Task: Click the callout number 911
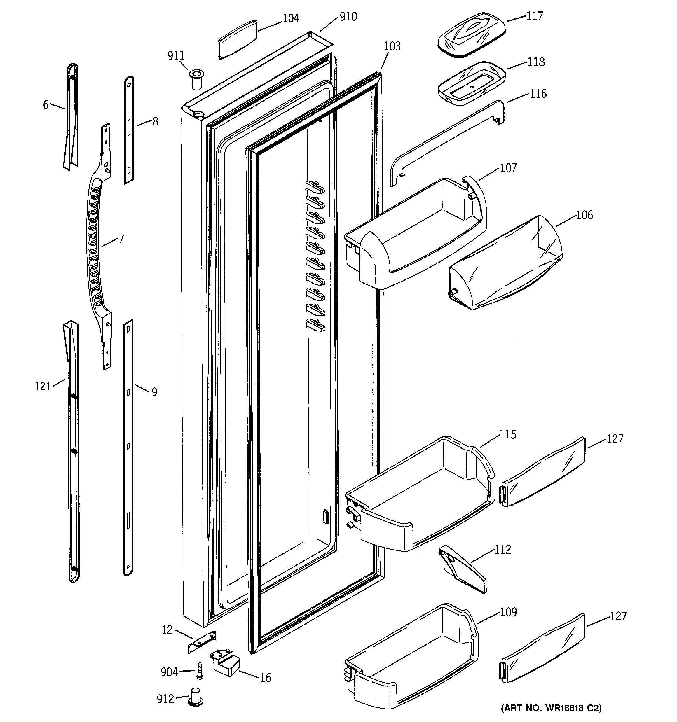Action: (x=175, y=55)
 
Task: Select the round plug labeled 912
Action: (x=196, y=696)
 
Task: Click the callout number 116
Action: (x=538, y=94)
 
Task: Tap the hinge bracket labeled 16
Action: (x=225, y=663)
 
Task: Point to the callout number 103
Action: (x=392, y=46)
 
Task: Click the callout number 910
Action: (x=348, y=17)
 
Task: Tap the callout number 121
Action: (x=43, y=387)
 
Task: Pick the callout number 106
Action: (x=584, y=215)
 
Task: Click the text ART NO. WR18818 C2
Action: (x=551, y=708)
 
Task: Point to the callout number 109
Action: (x=508, y=612)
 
